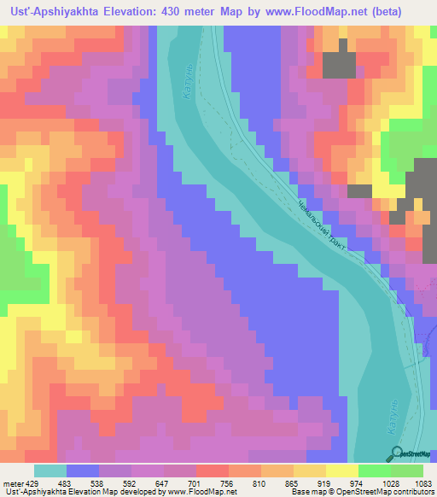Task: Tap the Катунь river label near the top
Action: (189, 88)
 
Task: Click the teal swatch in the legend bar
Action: (50, 471)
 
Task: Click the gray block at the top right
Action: (339, 66)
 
